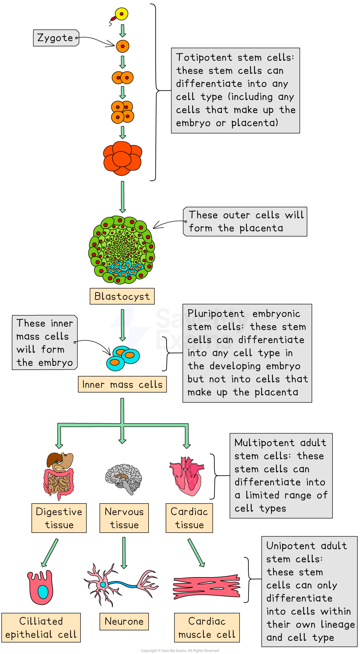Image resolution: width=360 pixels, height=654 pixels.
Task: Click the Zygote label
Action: point(55,38)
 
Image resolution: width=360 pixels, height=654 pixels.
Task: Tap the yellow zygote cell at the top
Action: point(122,14)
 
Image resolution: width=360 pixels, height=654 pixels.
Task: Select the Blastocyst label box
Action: point(122,296)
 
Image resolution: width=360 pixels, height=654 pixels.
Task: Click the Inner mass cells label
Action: point(122,384)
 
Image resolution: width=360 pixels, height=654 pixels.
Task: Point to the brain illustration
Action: point(124,478)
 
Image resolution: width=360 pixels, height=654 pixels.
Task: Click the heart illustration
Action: point(187,476)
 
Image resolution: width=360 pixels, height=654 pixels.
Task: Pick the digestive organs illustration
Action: point(59,474)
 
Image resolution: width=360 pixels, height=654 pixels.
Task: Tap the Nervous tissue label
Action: point(124,518)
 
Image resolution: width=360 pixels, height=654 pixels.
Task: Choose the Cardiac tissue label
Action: point(189,518)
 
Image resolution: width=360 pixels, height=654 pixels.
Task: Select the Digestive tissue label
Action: point(59,518)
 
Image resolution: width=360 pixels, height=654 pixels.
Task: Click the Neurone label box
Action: point(124,621)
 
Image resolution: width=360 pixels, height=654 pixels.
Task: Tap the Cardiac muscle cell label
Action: point(207,627)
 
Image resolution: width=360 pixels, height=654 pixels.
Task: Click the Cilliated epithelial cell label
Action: point(41,627)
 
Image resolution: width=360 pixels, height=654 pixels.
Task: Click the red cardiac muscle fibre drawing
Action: point(207,587)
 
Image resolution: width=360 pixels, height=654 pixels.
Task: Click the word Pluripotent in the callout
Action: point(216,313)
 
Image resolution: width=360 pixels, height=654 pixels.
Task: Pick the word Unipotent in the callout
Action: point(291,546)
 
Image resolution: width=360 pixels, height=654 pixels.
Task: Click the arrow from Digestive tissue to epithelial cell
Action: point(50,553)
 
